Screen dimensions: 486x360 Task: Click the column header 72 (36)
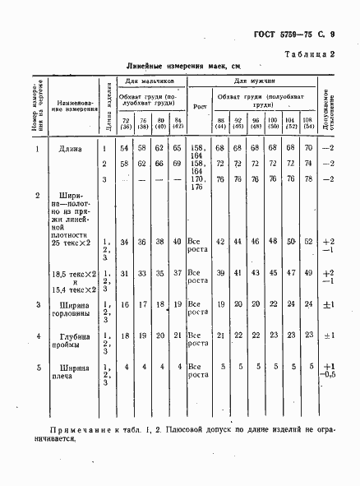[x=126, y=123]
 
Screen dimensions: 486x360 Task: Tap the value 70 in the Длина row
[x=307, y=148]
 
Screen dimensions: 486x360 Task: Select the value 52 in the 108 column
[x=307, y=242]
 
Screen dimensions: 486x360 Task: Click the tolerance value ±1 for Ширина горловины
[x=329, y=304]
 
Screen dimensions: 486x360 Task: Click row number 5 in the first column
[x=38, y=366]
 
